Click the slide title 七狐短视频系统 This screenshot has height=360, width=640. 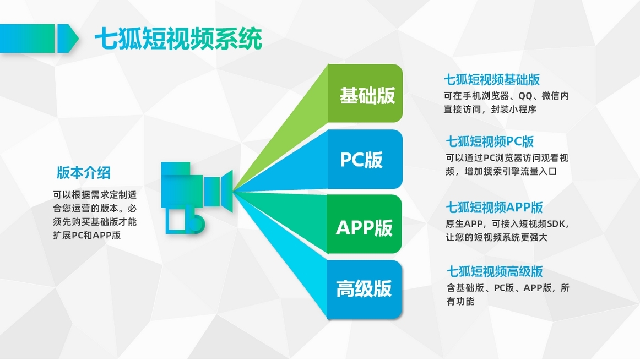178,39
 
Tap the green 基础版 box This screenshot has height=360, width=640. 365,94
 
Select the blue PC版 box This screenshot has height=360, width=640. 365,159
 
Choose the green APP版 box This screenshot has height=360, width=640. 365,224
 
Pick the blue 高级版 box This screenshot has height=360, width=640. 364,289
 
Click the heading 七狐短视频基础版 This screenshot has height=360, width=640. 492,79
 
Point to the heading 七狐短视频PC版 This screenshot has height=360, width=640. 490,141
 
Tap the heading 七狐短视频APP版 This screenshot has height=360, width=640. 494,207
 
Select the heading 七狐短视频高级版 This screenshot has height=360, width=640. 495,271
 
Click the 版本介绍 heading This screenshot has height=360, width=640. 84,172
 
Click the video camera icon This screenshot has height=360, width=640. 197,198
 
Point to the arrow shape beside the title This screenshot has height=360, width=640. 39,39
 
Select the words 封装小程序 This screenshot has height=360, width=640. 513,109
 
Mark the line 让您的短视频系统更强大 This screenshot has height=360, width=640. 496,237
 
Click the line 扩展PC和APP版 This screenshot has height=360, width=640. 87,235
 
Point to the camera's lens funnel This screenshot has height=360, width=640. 226,191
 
